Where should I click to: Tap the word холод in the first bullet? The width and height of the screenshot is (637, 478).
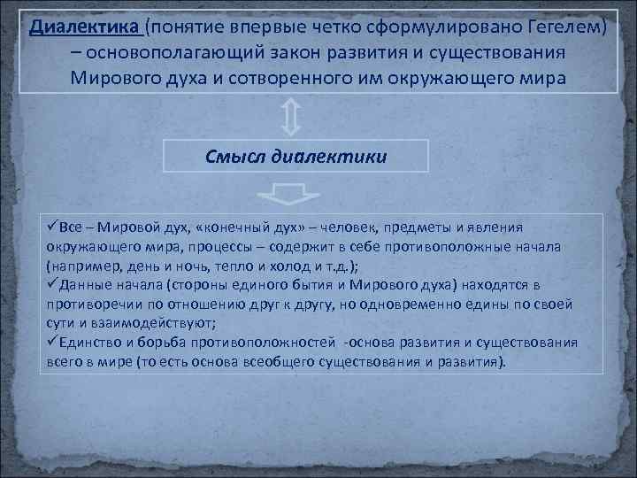click(295, 265)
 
